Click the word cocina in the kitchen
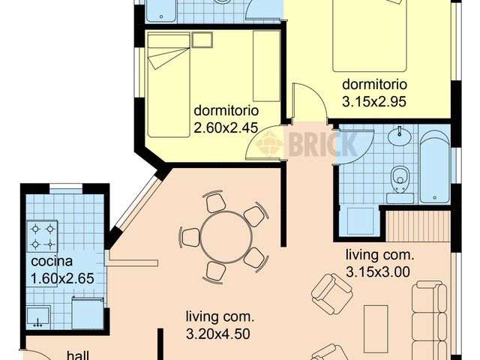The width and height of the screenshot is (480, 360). [52, 262]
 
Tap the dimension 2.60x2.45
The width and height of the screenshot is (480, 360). [226, 128]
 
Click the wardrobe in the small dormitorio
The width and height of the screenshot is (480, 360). [265, 67]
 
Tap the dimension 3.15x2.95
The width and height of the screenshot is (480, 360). [374, 100]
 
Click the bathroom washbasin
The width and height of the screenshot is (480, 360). [401, 138]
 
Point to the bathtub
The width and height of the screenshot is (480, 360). [434, 166]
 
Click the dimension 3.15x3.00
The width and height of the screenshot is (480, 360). [378, 271]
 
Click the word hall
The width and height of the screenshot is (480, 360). [79, 355]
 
